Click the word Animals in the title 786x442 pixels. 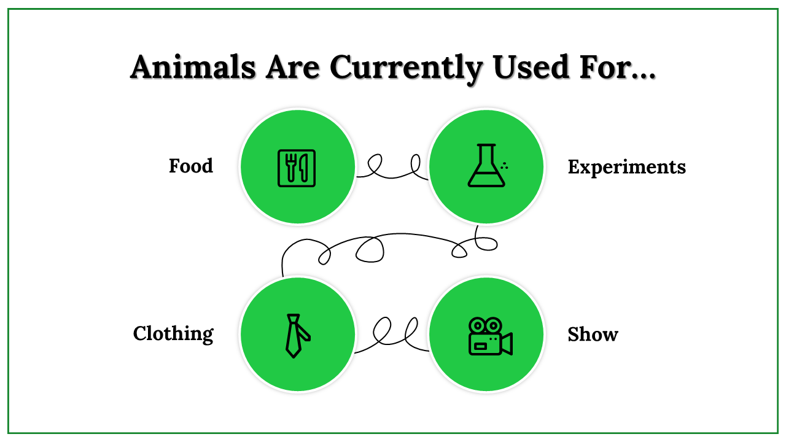click(193, 67)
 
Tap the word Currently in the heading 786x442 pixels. click(406, 69)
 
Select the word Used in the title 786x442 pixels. click(531, 66)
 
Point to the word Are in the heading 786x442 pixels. click(292, 67)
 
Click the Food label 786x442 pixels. click(191, 166)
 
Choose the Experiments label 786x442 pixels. click(627, 167)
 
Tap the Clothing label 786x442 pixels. click(173, 333)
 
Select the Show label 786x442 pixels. click(593, 335)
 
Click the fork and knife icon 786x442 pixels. click(297, 168)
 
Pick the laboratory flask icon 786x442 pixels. click(486, 165)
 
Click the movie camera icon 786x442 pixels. click(490, 336)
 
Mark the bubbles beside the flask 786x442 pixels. click(505, 166)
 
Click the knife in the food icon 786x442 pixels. click(303, 167)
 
